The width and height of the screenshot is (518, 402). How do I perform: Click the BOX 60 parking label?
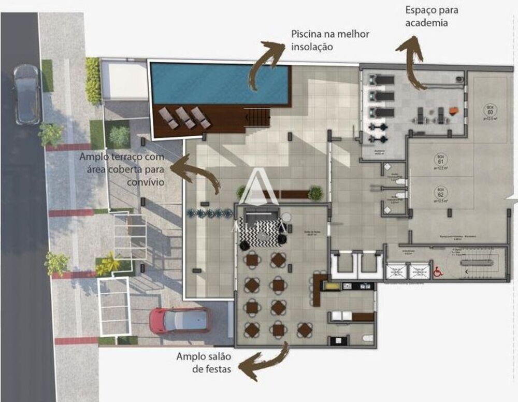point(490,109)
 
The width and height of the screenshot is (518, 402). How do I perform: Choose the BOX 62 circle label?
point(441,191)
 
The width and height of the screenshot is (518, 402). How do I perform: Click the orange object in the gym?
point(454,109)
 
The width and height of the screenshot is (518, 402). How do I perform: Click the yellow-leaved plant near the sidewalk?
point(108,262)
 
